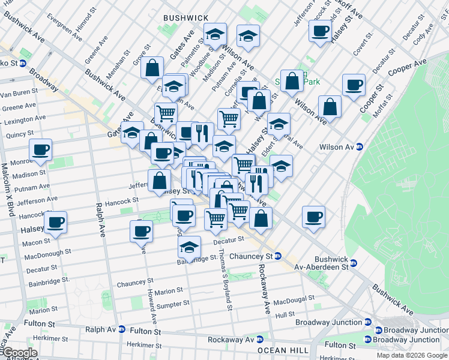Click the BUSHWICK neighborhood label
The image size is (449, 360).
(185, 19)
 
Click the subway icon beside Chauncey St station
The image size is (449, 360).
(278, 256)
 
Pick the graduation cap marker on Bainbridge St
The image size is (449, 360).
(189, 248)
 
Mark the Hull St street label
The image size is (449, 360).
(285, 314)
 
